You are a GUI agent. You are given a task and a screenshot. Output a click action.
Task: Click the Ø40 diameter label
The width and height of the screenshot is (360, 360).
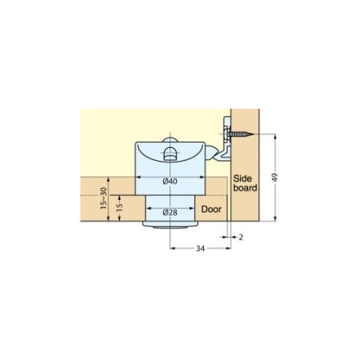pyautogui.click(x=169, y=181)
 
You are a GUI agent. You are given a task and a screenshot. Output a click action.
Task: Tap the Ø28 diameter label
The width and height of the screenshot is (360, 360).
pyautogui.click(x=170, y=212)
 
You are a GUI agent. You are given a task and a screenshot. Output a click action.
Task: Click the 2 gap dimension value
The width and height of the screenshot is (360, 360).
pyautogui.click(x=241, y=238)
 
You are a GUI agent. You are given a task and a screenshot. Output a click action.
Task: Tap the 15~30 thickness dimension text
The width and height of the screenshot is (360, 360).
pyautogui.click(x=103, y=198)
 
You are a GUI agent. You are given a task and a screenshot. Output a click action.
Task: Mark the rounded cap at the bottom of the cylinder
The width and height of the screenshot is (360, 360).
pyautogui.click(x=169, y=227)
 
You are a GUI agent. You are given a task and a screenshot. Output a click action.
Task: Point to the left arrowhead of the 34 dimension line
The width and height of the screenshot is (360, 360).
pyautogui.click(x=173, y=249)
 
